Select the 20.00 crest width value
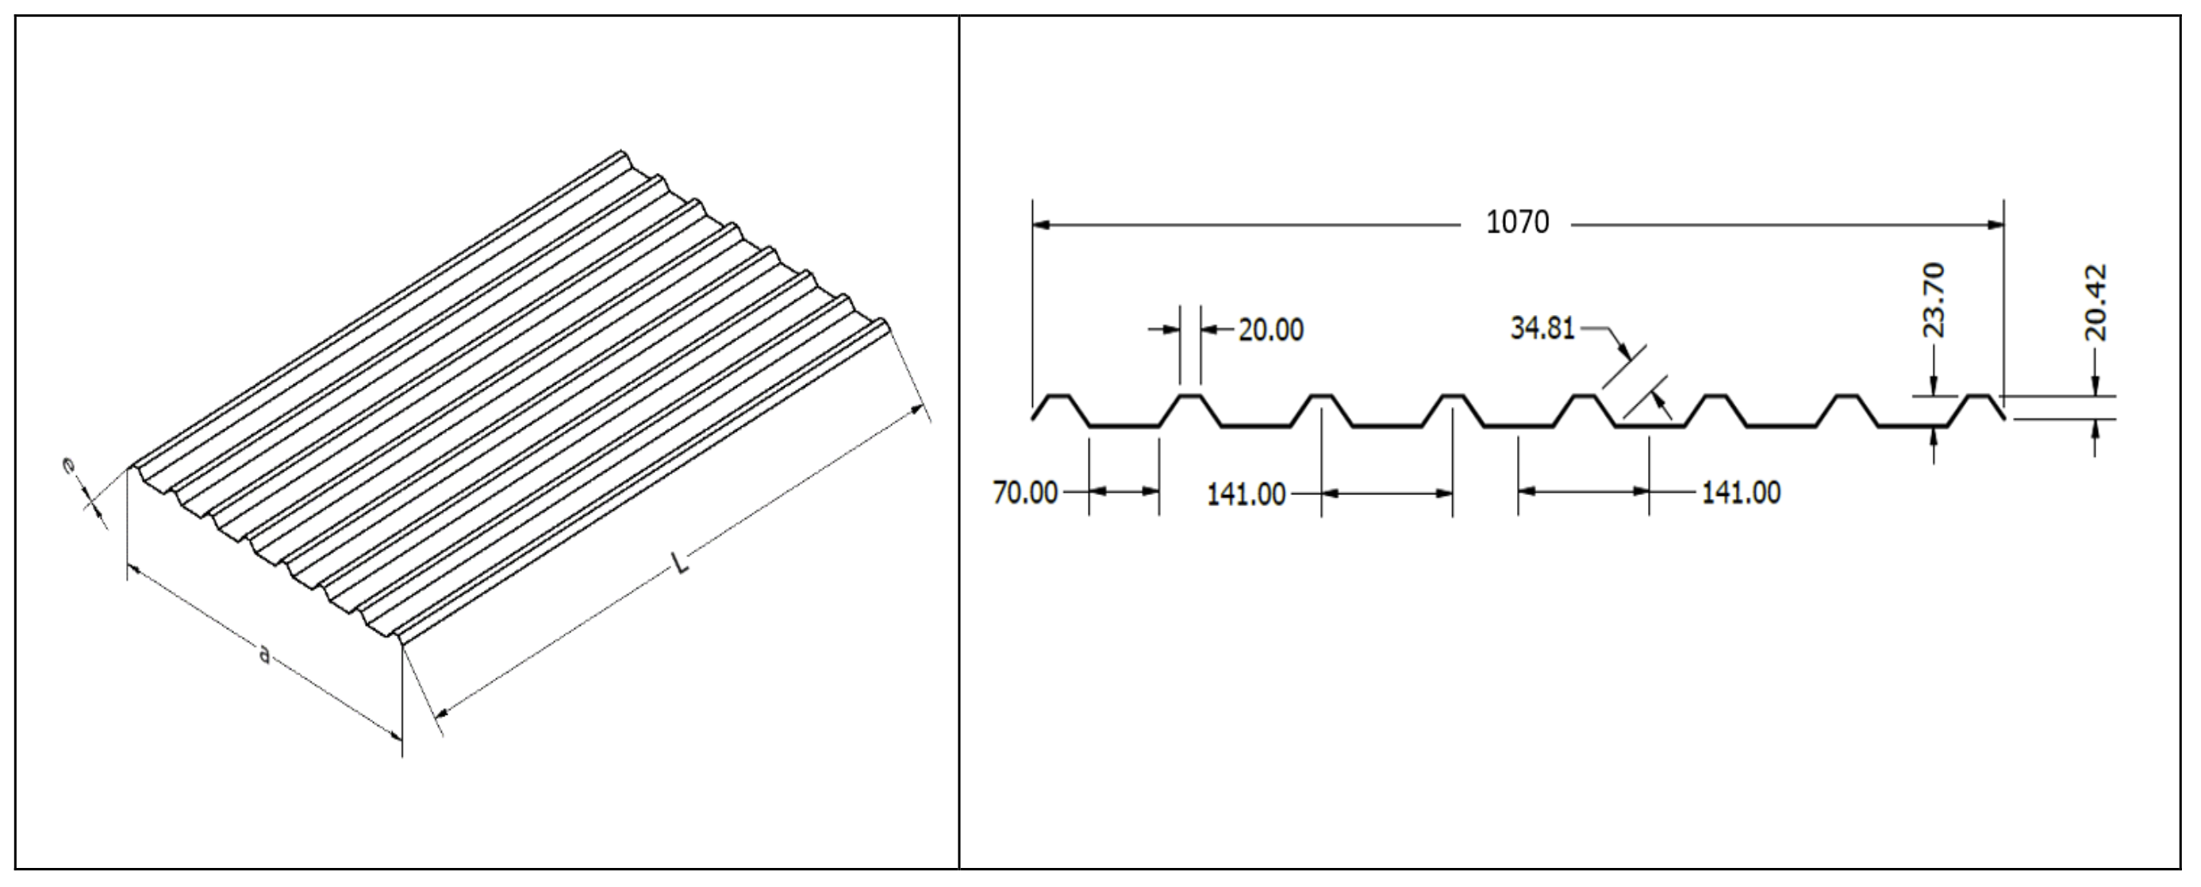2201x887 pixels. click(x=1271, y=330)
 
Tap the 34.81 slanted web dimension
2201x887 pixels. click(x=1542, y=328)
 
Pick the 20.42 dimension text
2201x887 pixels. click(x=2096, y=302)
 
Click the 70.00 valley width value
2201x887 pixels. click(x=1025, y=493)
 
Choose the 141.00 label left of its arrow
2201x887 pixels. click(x=1246, y=494)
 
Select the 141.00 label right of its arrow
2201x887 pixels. click(x=1742, y=492)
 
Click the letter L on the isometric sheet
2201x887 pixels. click(x=680, y=564)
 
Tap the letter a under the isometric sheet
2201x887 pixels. click(x=264, y=655)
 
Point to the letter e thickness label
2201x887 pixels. click(x=68, y=466)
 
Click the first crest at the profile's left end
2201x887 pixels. click(x=1059, y=397)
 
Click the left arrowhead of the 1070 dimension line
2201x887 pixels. click(x=1042, y=225)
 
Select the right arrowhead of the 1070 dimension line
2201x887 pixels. click(x=1995, y=225)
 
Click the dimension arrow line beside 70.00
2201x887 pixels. click(x=1124, y=492)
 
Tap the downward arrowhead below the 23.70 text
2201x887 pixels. click(x=1934, y=388)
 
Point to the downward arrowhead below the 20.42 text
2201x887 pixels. click(x=2095, y=387)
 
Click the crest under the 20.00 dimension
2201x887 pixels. click(x=1190, y=397)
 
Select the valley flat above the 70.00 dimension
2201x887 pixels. click(x=1124, y=425)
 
